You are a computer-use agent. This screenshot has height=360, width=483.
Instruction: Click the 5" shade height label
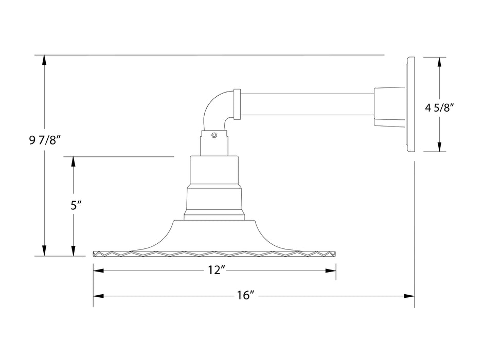(x=76, y=206)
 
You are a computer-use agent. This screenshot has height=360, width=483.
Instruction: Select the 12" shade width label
(x=214, y=271)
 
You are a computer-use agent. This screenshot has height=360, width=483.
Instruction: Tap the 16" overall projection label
(x=246, y=296)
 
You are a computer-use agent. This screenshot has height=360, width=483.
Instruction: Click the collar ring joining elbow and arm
(x=237, y=105)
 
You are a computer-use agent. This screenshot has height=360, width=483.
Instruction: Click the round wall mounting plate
(x=410, y=105)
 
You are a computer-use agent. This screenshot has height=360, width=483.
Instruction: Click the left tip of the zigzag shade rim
(x=95, y=254)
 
